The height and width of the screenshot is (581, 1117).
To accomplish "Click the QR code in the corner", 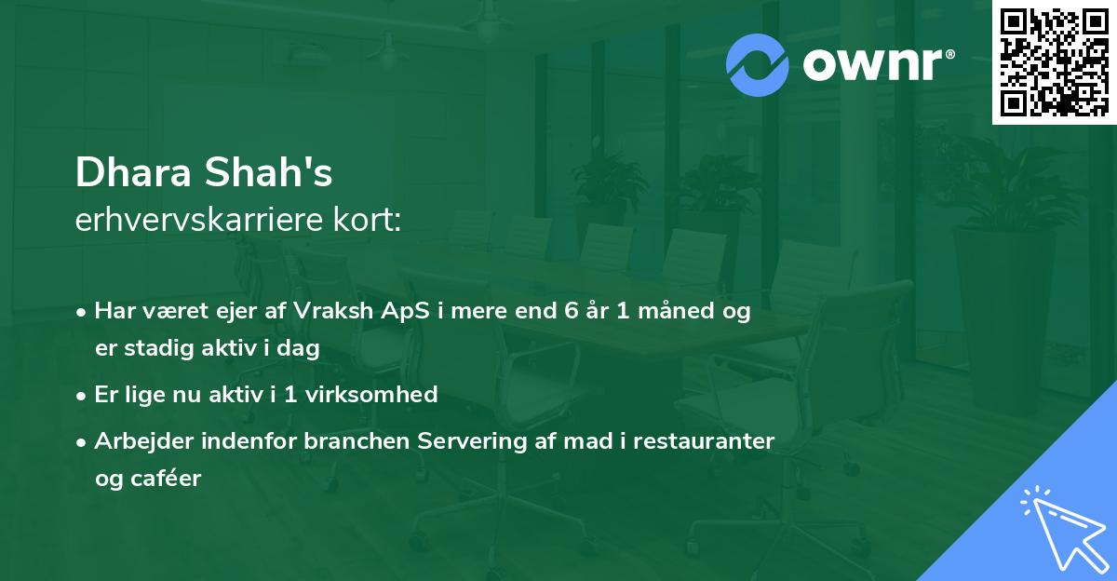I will point(1054,61).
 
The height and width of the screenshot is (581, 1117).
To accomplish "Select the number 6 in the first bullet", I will point(570,312).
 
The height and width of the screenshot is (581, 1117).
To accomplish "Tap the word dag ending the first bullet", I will point(302,348).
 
